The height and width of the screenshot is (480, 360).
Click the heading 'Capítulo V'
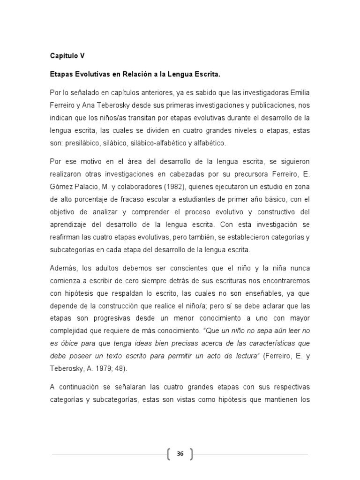(67, 55)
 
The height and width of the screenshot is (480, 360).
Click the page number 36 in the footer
(180, 454)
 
